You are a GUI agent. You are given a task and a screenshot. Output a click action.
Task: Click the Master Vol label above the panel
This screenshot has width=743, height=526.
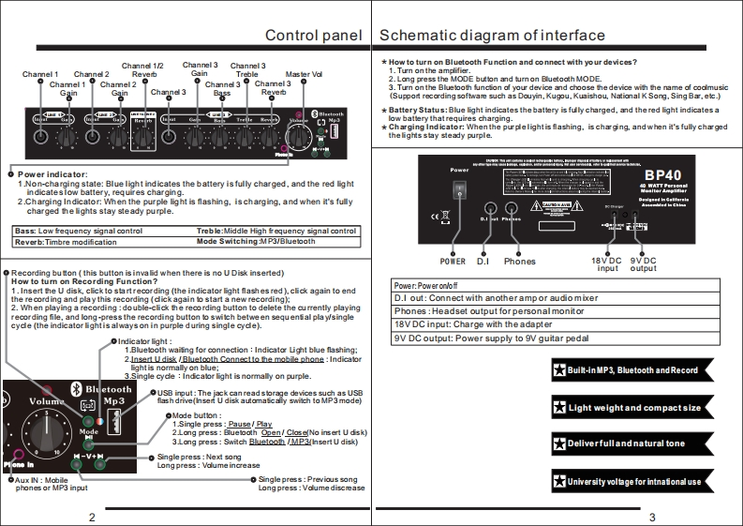pyautogui.click(x=304, y=75)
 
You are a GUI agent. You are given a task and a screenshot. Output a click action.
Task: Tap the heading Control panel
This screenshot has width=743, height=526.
pyautogui.click(x=313, y=36)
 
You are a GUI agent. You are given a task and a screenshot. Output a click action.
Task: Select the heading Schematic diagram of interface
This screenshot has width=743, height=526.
pyautogui.click(x=492, y=36)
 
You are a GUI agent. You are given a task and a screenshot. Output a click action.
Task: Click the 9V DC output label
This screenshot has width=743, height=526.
pyautogui.click(x=645, y=264)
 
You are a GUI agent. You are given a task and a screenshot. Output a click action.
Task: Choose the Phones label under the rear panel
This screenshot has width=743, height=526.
pyautogui.click(x=520, y=261)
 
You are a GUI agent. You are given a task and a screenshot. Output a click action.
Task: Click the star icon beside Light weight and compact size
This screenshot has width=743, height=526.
pyautogui.click(x=558, y=408)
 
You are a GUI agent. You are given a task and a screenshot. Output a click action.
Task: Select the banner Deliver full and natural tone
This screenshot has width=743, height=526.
pyautogui.click(x=627, y=443)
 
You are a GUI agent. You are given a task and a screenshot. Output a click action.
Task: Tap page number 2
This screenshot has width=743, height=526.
pyautogui.click(x=92, y=517)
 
